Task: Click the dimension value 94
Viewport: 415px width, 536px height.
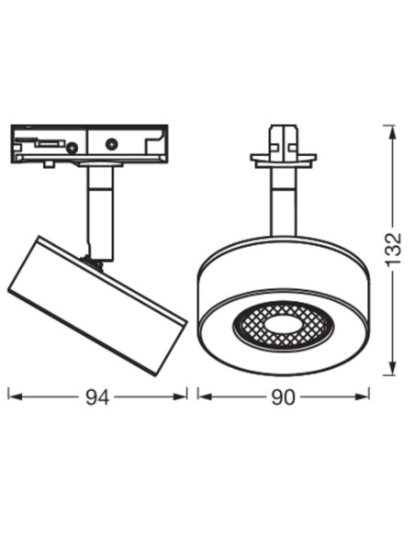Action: click(97, 396)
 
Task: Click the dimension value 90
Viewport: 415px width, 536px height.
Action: click(283, 396)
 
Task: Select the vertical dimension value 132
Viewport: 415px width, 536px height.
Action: click(394, 249)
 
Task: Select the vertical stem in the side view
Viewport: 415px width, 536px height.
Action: click(100, 211)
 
